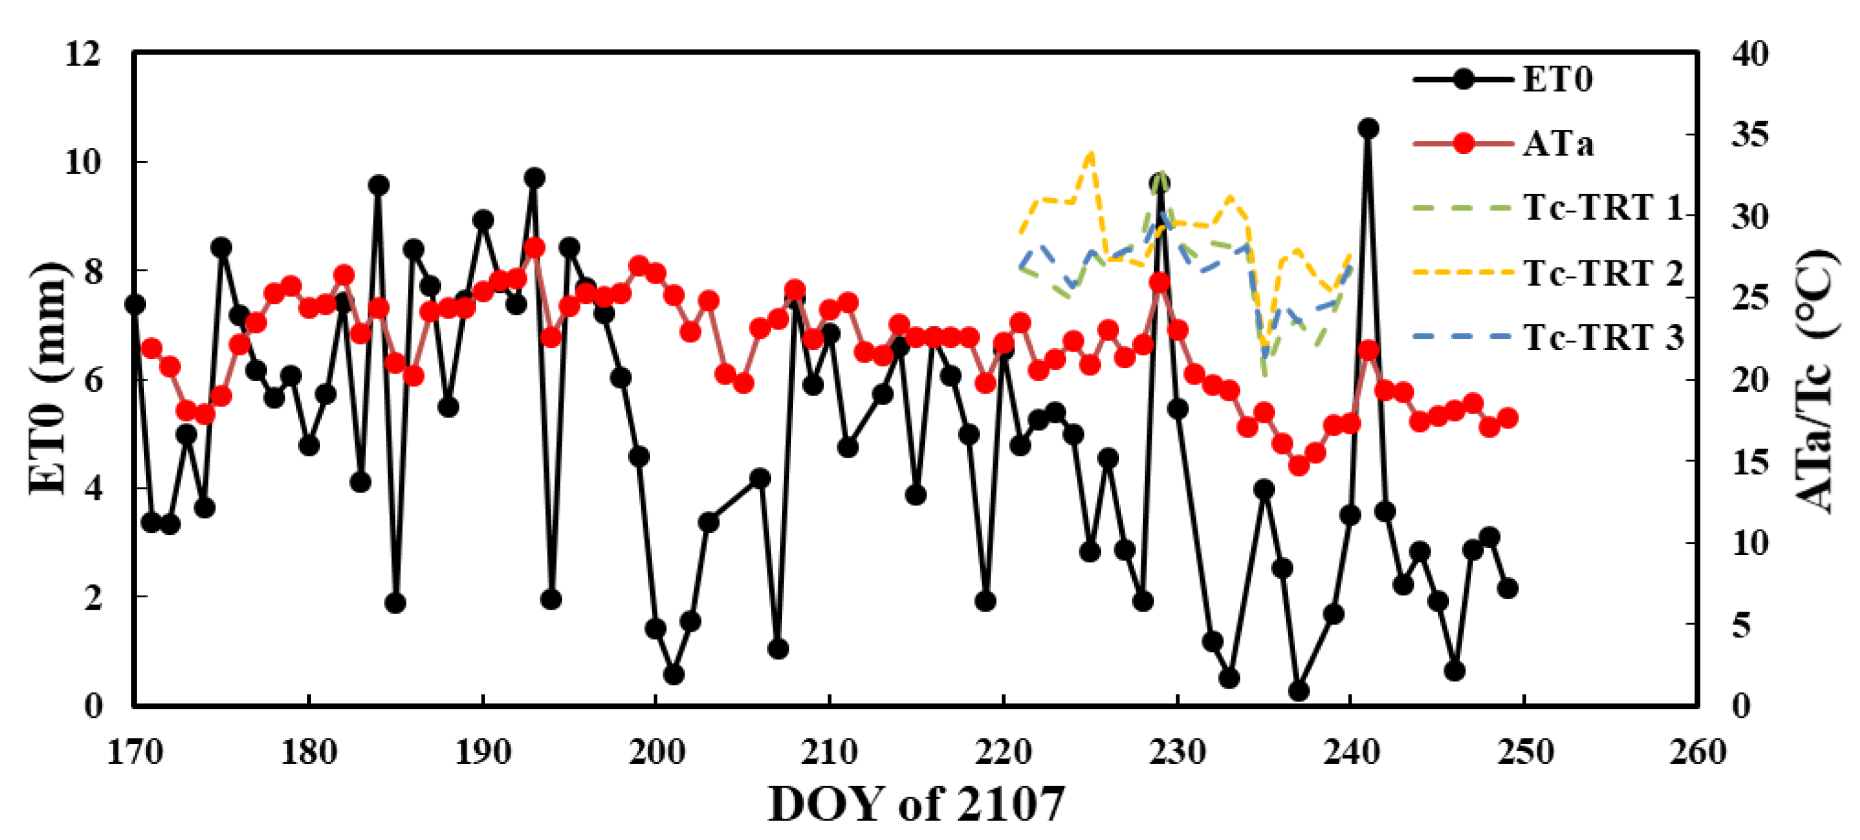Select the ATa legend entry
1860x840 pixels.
[x=1558, y=145]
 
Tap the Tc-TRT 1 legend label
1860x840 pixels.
[x=1603, y=208]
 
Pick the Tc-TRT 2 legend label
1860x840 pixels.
[x=1603, y=273]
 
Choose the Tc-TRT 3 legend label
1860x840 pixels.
[x=1603, y=337]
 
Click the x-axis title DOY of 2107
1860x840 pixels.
[x=916, y=803]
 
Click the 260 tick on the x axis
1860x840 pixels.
[x=1697, y=752]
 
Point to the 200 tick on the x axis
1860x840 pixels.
[x=656, y=752]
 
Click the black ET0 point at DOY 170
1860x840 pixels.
[x=135, y=305]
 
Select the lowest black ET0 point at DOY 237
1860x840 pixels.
[x=1298, y=691]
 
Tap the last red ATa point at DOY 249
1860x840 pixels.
[x=1507, y=417]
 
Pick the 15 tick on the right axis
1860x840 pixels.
[x=1750, y=461]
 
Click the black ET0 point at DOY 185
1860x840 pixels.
[x=395, y=602]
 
